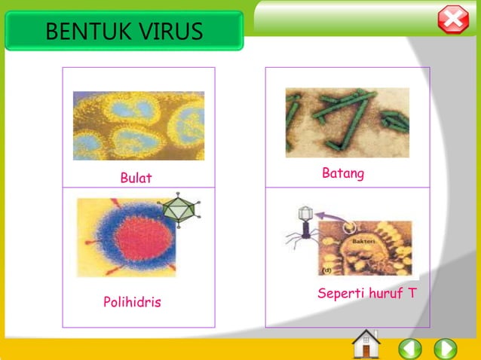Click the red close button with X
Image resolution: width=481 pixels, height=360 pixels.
[453, 20]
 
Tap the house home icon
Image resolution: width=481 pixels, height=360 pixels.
[366, 344]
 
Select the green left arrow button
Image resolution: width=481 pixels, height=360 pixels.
[410, 349]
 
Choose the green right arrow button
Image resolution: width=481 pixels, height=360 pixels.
[446, 349]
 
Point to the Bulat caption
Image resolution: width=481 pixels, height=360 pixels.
[136, 178]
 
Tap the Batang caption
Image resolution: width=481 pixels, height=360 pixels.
[343, 174]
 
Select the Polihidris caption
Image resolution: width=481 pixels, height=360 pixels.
[132, 302]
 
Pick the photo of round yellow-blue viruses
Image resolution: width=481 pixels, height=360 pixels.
[138, 126]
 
